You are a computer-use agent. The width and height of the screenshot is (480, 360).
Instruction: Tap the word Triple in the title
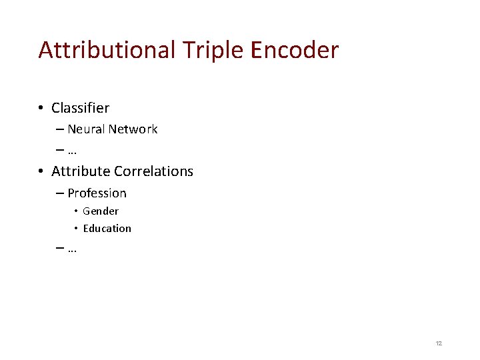[201, 50]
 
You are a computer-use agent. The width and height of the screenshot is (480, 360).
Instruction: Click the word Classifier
[80, 107]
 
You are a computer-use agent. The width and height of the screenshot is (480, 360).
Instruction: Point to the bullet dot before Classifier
[41, 108]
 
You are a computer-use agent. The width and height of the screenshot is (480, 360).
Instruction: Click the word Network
[133, 129]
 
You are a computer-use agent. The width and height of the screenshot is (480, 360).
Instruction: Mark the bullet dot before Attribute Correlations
[41, 171]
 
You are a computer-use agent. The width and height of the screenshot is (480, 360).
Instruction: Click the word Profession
[97, 193]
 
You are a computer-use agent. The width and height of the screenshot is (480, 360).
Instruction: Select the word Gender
[101, 211]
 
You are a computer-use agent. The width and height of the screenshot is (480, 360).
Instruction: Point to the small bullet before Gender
[76, 211]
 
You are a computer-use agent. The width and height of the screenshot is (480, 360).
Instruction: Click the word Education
[107, 229]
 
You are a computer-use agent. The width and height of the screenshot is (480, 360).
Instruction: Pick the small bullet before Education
[76, 229]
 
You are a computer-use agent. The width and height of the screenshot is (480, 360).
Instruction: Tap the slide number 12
[439, 343]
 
